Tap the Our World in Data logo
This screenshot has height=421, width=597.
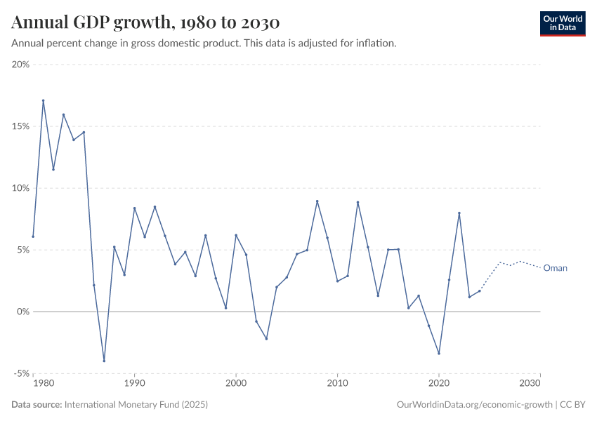click(x=562, y=23)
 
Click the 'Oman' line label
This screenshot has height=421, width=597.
click(x=555, y=268)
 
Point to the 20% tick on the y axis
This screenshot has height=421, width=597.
click(x=20, y=65)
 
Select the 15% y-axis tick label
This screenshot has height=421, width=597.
click(x=20, y=126)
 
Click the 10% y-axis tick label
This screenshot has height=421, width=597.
click(x=20, y=188)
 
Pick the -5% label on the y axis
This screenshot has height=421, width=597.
click(x=20, y=373)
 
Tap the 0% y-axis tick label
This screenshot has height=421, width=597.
click(x=22, y=312)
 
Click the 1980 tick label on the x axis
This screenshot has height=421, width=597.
click(x=43, y=384)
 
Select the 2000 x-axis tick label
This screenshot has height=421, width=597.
click(x=236, y=384)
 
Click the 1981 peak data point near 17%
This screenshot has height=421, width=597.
click(x=43, y=100)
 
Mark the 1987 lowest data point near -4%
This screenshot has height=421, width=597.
click(x=104, y=361)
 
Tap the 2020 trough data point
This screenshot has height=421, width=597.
click(x=439, y=353)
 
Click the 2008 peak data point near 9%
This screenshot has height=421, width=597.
click(x=317, y=201)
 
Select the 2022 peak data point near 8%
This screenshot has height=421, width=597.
click(x=459, y=213)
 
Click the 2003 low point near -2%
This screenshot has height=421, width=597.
click(x=266, y=339)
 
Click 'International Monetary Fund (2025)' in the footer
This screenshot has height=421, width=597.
click(x=136, y=405)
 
